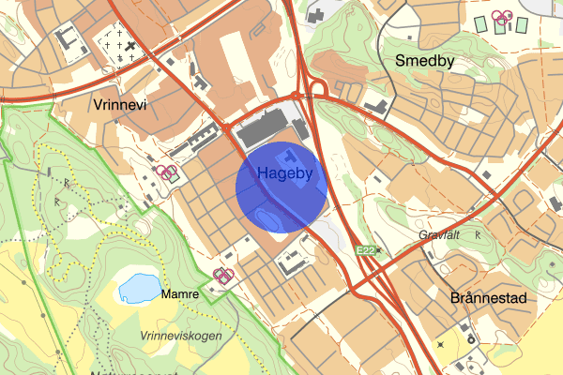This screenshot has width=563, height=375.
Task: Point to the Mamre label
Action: coord(180,293)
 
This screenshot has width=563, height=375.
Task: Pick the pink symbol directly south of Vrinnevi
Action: coord(167,172)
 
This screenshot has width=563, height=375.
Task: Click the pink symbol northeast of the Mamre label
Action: coord(223,274)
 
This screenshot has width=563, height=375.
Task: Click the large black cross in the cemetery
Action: coord(130,45)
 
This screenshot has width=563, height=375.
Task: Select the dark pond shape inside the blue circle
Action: coord(270,219)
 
